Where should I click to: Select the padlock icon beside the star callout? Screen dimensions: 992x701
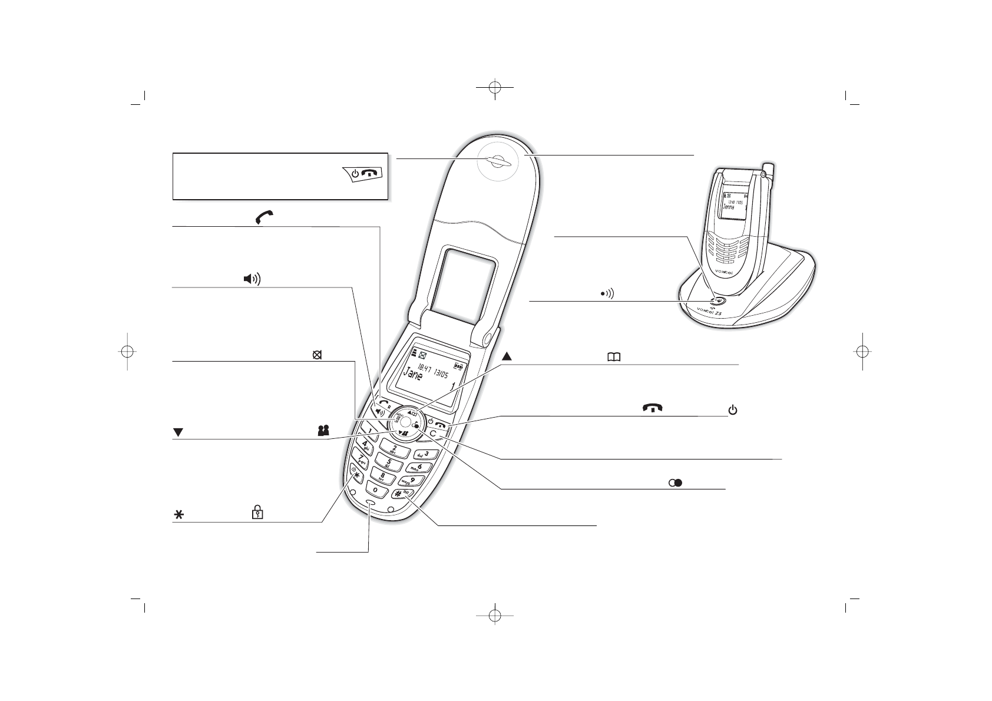[257, 513]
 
